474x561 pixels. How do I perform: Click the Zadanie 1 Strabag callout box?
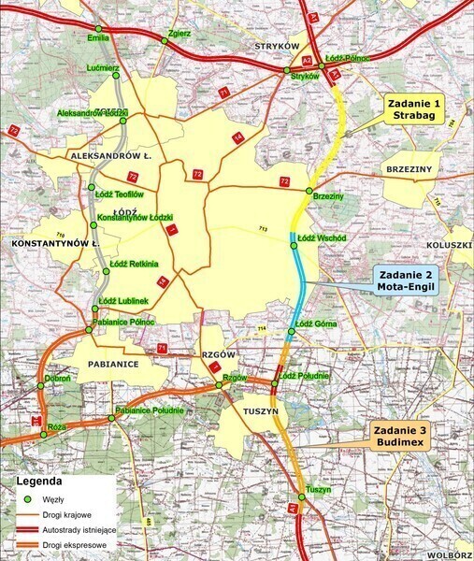click(412, 110)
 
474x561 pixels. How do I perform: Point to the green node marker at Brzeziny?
click(309, 192)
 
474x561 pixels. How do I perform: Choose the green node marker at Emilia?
click(98, 29)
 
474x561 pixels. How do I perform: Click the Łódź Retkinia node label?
click(136, 264)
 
